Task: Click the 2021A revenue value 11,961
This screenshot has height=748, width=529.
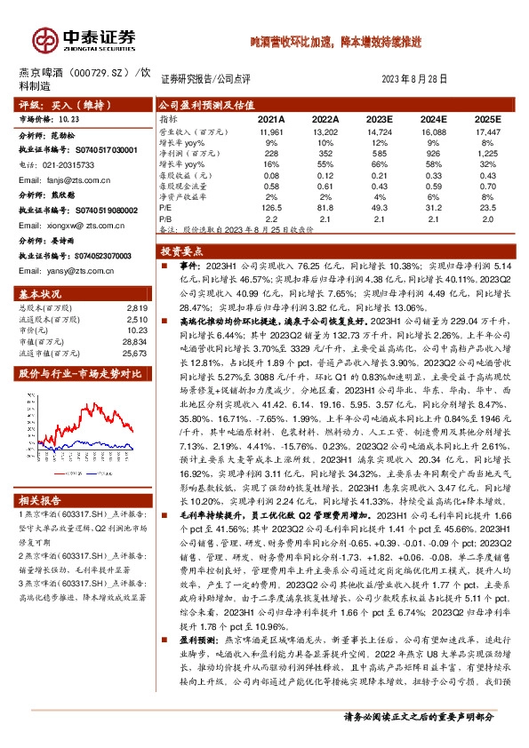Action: pyautogui.click(x=271, y=131)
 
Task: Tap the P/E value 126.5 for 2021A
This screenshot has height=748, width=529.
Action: pyautogui.click(x=271, y=206)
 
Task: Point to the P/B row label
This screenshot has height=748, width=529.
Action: pyautogui.click(x=164, y=217)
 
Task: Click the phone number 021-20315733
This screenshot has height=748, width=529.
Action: pyautogui.click(x=65, y=165)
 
